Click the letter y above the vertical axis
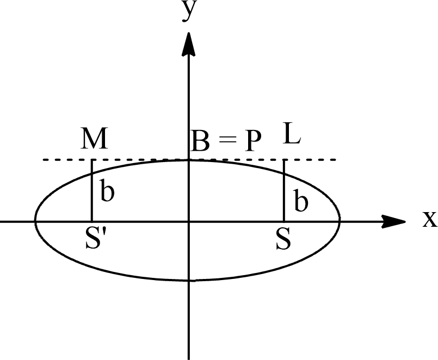click(x=189, y=11)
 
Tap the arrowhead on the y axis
click(x=189, y=44)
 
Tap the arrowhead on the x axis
click(x=393, y=221)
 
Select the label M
click(x=94, y=139)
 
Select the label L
click(x=291, y=133)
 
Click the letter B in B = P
click(x=201, y=141)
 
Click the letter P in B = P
click(x=254, y=141)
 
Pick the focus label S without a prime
click(x=283, y=239)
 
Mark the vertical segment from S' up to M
click(x=91, y=190)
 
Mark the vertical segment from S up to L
click(x=284, y=190)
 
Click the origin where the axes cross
click(x=189, y=222)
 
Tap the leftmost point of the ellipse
click(x=35, y=221)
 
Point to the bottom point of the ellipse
click(x=189, y=280)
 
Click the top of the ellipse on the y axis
click(x=189, y=160)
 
